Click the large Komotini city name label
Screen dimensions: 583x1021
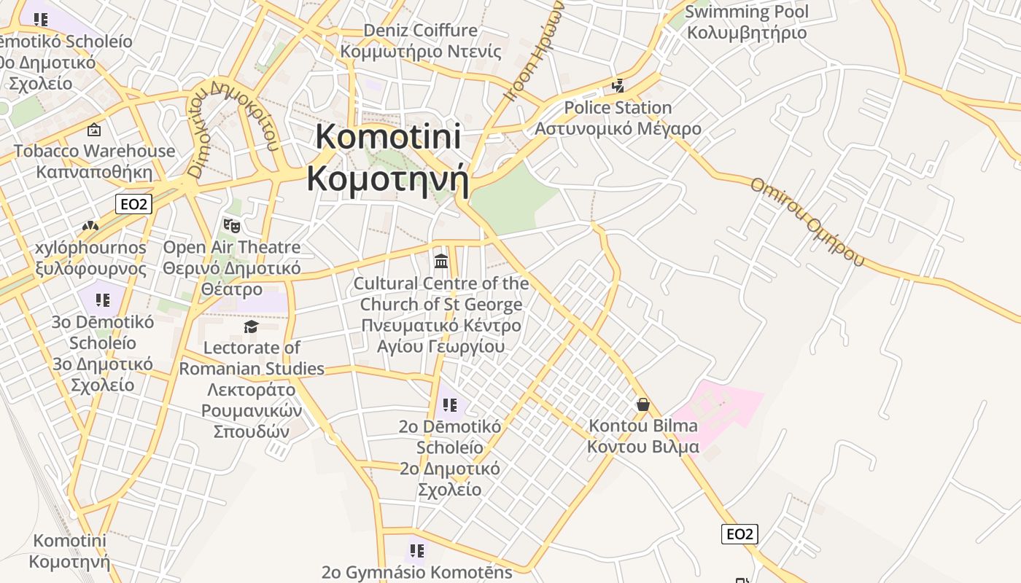(x=387, y=158)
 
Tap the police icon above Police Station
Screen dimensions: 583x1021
(x=618, y=86)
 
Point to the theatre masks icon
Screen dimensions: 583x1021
(x=232, y=226)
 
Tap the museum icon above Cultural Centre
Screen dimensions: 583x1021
(x=441, y=261)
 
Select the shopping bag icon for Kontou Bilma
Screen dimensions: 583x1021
(x=643, y=404)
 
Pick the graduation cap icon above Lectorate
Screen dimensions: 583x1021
(x=251, y=326)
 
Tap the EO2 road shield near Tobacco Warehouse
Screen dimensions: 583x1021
(x=133, y=204)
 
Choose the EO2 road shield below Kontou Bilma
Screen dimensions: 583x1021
(x=739, y=534)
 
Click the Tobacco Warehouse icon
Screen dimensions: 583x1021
(x=94, y=130)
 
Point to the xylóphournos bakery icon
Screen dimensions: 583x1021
(x=90, y=227)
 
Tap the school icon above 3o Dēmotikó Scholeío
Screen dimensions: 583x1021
(x=103, y=300)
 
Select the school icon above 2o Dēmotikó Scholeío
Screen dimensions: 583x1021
(x=450, y=404)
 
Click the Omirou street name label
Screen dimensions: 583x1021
(x=807, y=220)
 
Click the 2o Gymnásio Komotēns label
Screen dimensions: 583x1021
(x=417, y=572)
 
